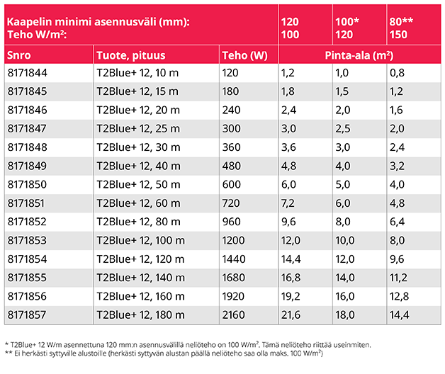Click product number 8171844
coord(26,72)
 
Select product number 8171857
coord(26,314)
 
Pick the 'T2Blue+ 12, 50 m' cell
coord(138,183)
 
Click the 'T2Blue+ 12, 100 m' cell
coord(141,239)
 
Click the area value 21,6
coord(291,314)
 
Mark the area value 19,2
coord(291,295)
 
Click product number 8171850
coord(26,183)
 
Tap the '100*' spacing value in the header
coord(347,22)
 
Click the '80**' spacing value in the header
coord(401,22)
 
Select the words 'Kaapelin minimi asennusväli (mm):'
coord(98,22)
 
